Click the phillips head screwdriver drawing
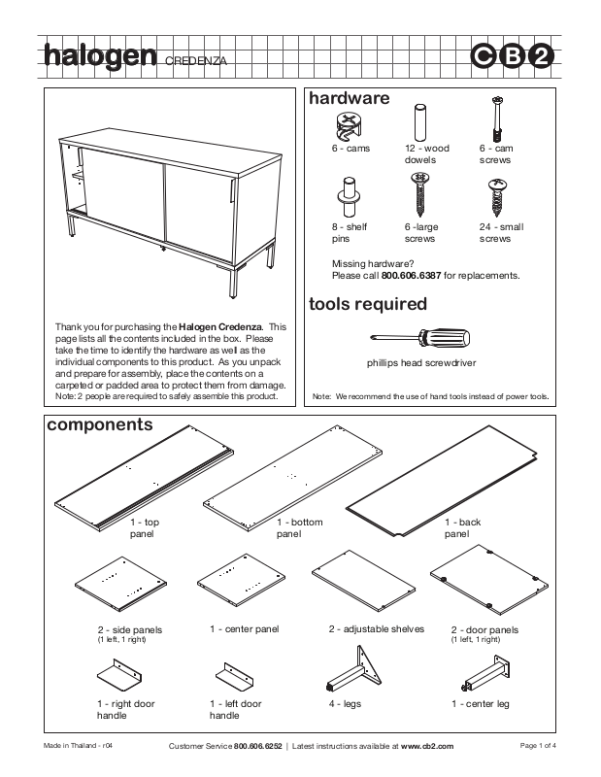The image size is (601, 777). click(x=420, y=338)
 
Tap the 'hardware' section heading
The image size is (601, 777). click(x=349, y=98)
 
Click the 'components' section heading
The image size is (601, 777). click(x=100, y=424)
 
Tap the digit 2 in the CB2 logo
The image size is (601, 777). click(x=543, y=57)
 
